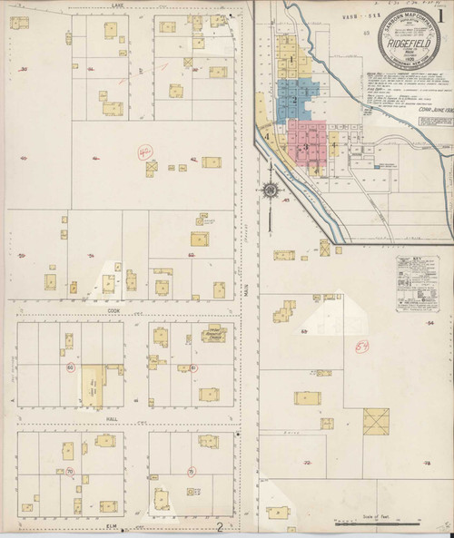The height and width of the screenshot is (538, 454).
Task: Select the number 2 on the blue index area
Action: (x=294, y=99)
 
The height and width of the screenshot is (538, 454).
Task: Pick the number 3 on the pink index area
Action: (x=306, y=146)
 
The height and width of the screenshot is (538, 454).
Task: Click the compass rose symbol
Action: (x=270, y=191)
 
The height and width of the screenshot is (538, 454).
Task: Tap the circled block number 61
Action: (x=194, y=367)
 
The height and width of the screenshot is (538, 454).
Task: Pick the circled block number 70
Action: (x=69, y=472)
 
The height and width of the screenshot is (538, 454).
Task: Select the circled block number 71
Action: (x=191, y=473)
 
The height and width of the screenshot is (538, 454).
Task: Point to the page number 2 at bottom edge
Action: (x=220, y=526)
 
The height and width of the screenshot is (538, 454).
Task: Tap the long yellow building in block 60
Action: (x=92, y=386)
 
